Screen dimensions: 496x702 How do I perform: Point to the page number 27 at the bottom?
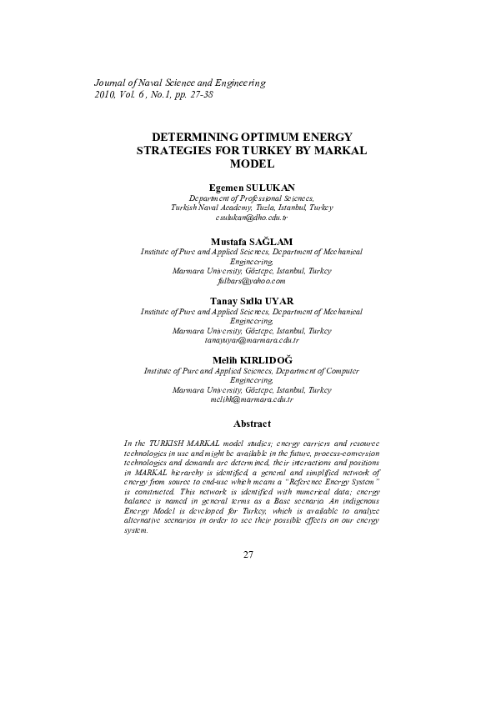click(x=248, y=554)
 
